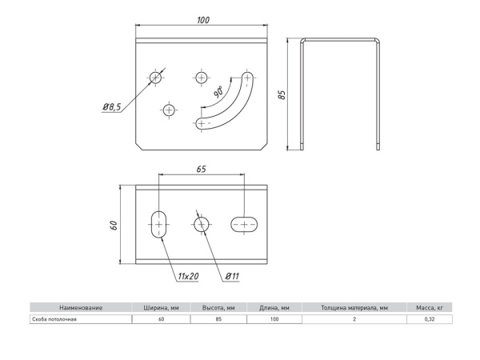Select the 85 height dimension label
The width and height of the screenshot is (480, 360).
tap(282, 94)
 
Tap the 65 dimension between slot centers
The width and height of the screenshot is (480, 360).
tap(201, 168)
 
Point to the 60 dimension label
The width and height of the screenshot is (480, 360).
tap(114, 225)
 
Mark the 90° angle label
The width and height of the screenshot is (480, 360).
tap(218, 92)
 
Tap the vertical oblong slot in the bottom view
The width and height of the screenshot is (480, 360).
tap(159, 225)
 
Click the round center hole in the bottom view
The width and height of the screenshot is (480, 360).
tap(201, 225)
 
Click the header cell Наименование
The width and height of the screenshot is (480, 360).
tap(81, 307)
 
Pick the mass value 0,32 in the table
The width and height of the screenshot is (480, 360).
tap(430, 319)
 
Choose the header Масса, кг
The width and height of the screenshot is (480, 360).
tap(430, 307)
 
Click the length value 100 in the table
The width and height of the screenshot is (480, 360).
tap(274, 319)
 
